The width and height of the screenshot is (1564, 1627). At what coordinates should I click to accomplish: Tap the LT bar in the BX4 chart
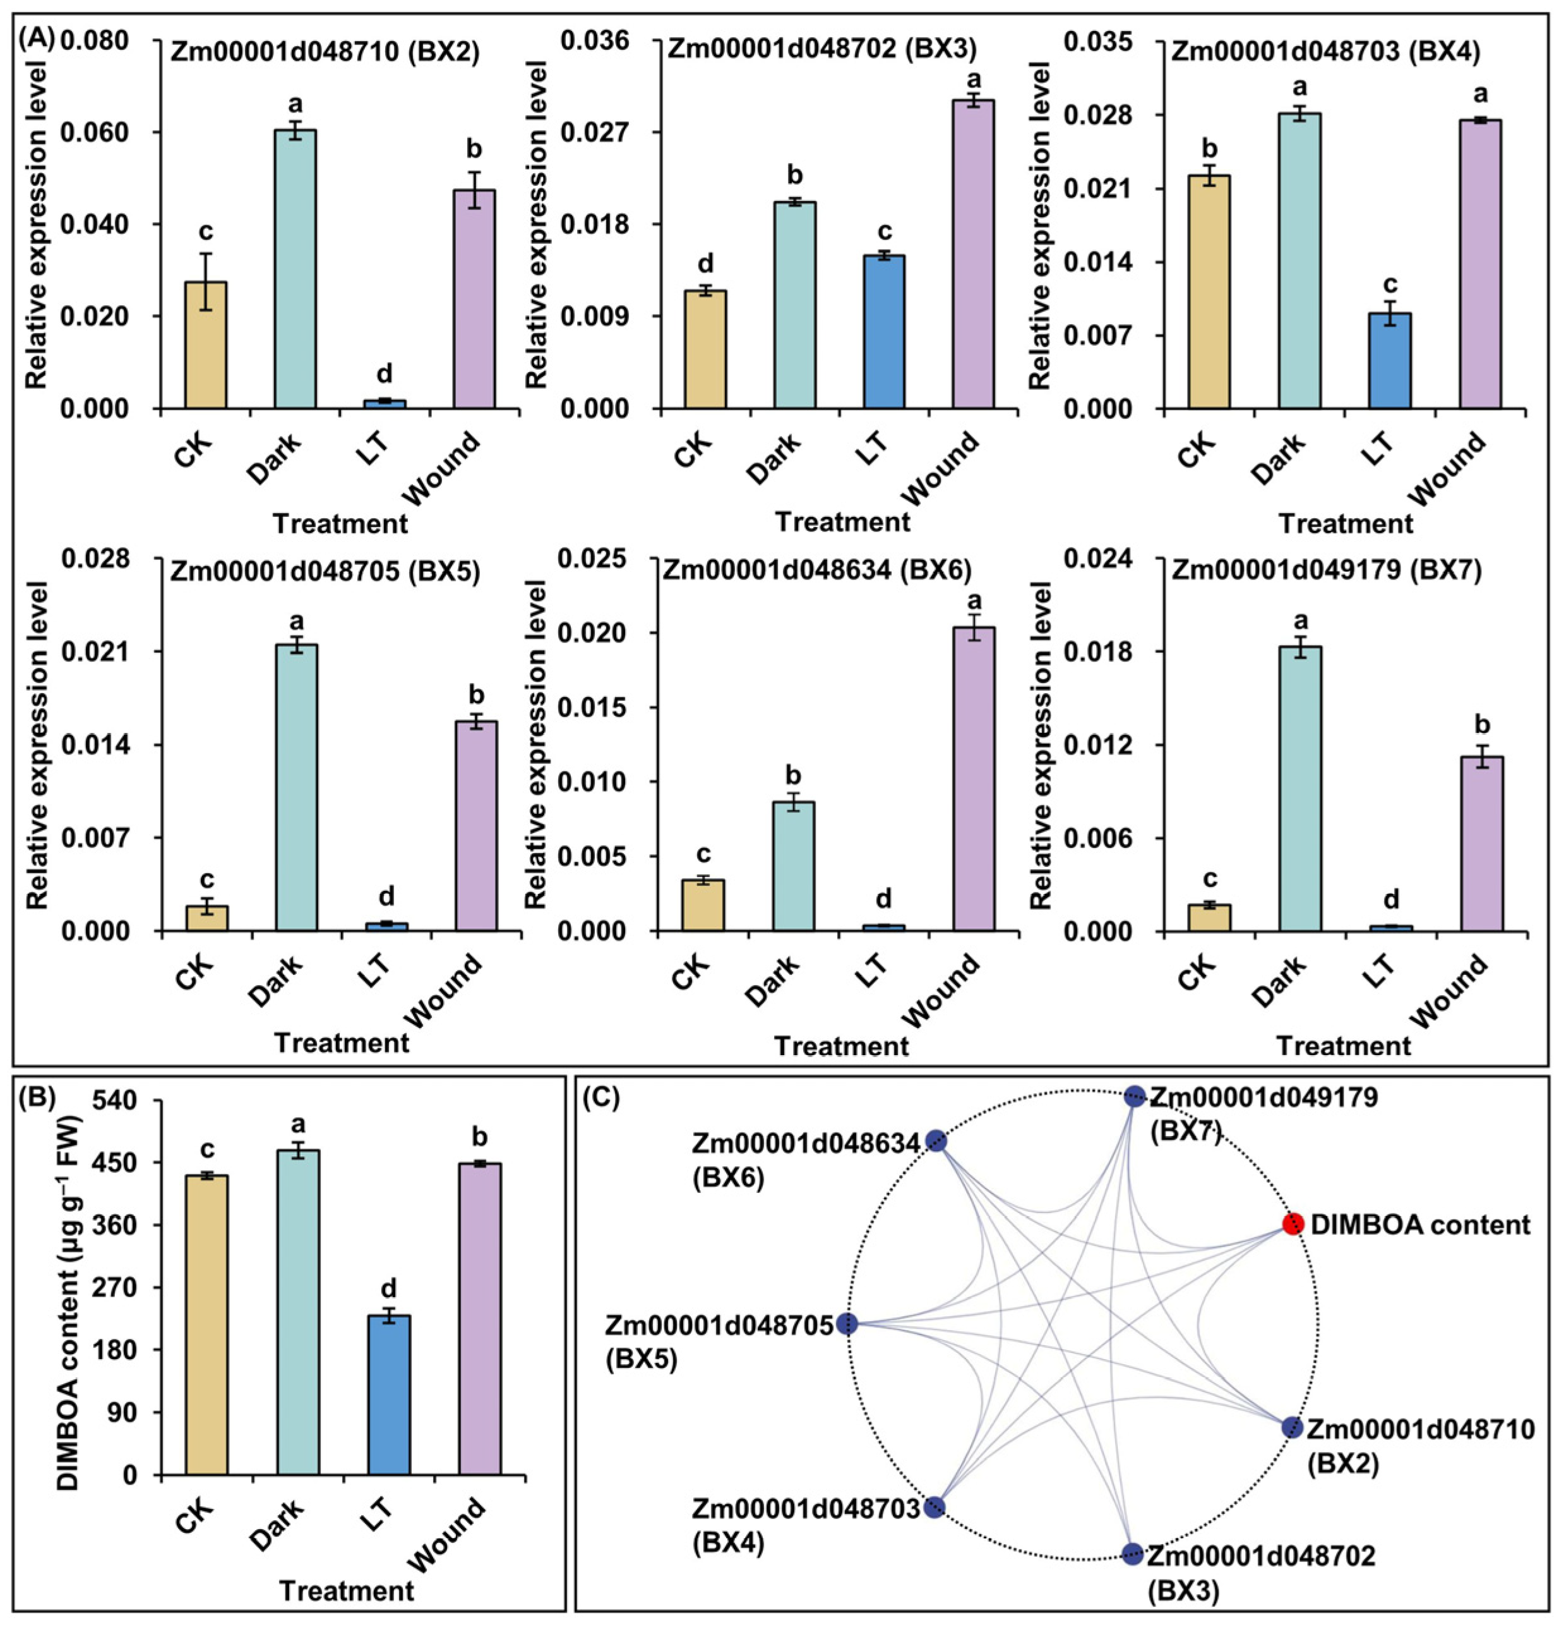(x=1389, y=360)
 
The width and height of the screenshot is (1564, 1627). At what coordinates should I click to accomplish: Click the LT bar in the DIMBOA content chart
(x=388, y=1406)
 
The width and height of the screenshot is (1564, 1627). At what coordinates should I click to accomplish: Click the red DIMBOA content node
(x=1292, y=1224)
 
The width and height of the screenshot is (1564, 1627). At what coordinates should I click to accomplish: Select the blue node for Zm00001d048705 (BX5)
(x=846, y=1323)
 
